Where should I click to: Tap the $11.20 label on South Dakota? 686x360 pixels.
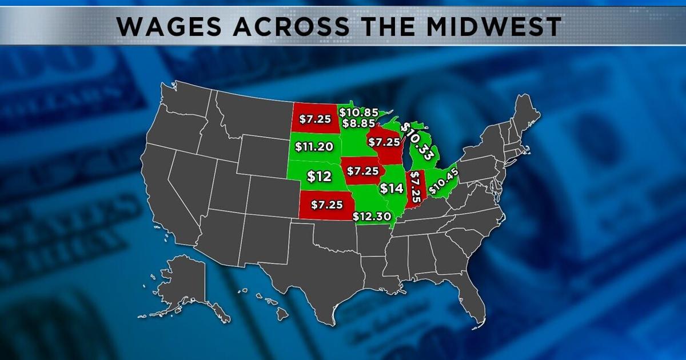click(x=314, y=147)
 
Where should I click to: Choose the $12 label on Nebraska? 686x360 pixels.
click(x=319, y=177)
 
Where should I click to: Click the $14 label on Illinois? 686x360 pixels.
click(x=392, y=188)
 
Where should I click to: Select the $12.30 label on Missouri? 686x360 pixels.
click(x=372, y=217)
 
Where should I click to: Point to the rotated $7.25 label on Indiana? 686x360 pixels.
click(x=416, y=189)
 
